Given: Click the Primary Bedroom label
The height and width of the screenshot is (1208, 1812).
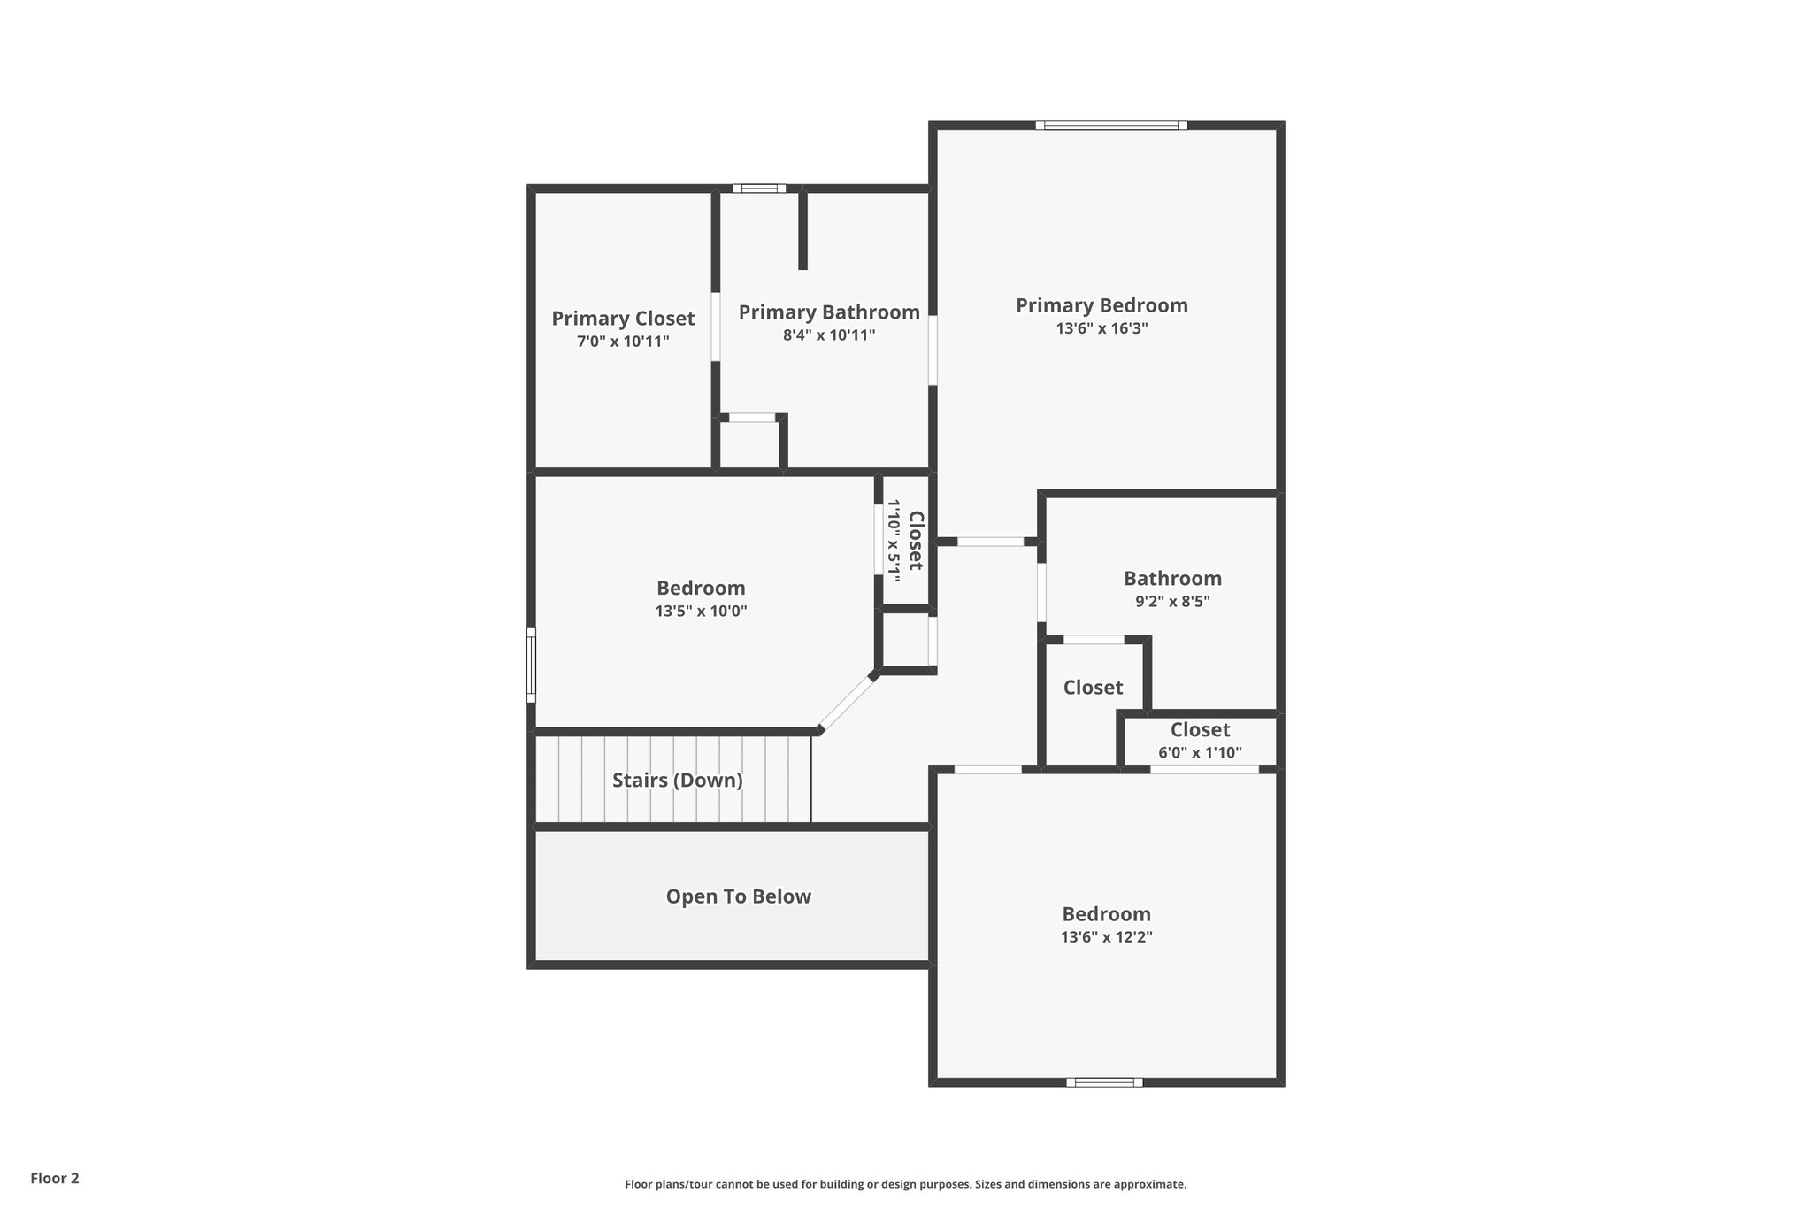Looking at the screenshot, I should [x=1101, y=305].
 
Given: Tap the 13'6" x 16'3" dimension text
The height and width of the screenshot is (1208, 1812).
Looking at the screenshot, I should [x=1101, y=328].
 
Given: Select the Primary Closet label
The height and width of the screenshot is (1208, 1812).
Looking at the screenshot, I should [x=623, y=319].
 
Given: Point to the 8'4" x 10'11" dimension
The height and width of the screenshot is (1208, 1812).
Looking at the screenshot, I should [x=828, y=335].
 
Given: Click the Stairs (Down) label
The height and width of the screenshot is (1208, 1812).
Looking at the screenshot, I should [x=677, y=781].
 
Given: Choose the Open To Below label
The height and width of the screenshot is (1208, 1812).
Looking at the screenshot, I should [x=738, y=896].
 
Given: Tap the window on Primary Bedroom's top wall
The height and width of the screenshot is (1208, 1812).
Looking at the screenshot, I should [x=1111, y=126].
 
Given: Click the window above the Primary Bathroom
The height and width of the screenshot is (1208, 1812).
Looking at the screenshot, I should [x=759, y=188].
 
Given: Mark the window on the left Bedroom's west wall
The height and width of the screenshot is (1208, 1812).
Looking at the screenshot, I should [x=531, y=665].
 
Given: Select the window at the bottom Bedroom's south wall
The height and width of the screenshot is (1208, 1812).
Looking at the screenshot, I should [x=1104, y=1081].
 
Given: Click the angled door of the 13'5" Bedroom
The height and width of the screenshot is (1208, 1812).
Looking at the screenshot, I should [x=845, y=703].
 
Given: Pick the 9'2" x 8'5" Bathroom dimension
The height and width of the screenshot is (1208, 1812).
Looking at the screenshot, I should [x=1172, y=602].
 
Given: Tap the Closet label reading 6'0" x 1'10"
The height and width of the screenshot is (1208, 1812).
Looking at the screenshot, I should [x=1200, y=730].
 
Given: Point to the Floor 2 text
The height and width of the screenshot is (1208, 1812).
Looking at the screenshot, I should [x=55, y=1178].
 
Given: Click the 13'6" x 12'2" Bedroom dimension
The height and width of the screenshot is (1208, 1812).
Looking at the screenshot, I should [x=1106, y=937].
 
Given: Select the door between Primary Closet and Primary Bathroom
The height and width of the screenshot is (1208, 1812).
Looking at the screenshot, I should [x=715, y=326].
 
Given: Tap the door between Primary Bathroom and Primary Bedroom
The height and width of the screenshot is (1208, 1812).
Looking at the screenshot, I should [x=933, y=350].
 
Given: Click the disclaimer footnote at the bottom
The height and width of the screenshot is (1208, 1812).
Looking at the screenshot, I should [x=905, y=1184].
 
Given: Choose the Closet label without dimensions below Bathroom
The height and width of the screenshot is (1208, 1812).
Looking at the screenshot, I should [x=1093, y=688].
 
